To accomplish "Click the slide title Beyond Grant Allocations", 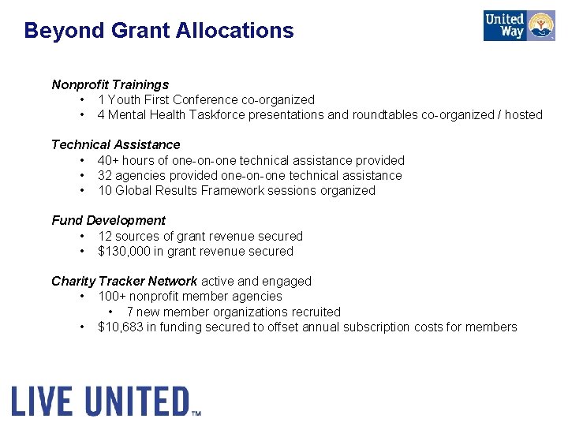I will click(x=159, y=31).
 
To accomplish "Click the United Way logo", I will click(x=519, y=26).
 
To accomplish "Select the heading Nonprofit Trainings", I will click(x=110, y=84).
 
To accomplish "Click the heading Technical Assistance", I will click(x=115, y=144).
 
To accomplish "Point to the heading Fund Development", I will click(x=108, y=220).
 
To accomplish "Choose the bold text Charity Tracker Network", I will click(x=124, y=281).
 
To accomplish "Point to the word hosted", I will click(x=524, y=114).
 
